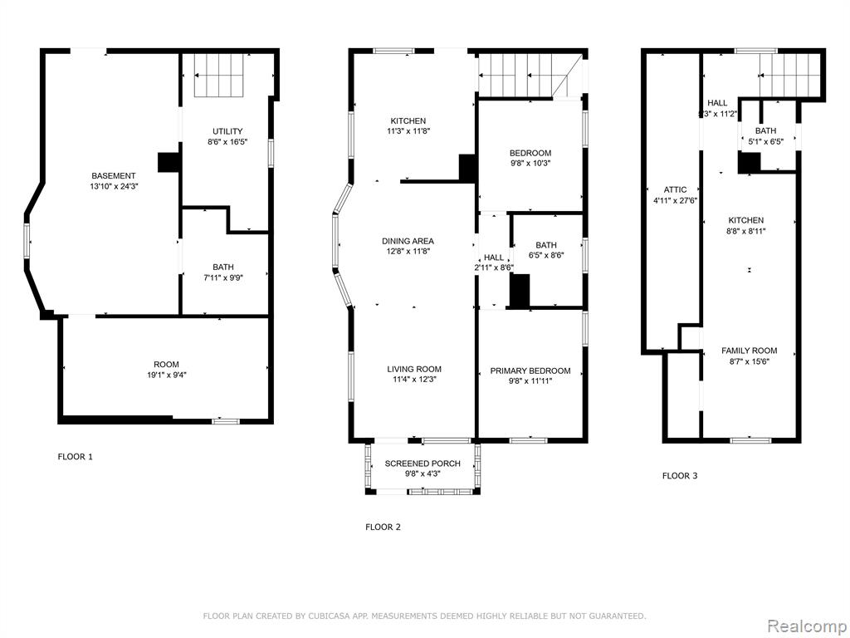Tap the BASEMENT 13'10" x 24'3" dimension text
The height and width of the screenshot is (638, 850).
[113, 180]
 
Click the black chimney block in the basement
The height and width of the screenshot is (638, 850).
[168, 162]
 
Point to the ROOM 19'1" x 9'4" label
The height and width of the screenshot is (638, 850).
[166, 370]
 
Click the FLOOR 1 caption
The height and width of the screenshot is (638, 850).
[76, 457]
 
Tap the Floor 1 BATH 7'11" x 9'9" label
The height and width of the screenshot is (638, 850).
[223, 272]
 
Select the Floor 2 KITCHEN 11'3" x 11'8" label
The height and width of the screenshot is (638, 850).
[408, 126]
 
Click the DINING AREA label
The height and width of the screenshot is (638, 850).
[408, 246]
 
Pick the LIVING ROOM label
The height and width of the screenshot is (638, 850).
[414, 375]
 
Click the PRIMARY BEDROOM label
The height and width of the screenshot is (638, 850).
[530, 375]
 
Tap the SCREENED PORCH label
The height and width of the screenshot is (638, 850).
[423, 469]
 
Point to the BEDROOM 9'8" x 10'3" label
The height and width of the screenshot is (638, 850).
[530, 158]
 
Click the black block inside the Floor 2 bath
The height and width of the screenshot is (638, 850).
[520, 291]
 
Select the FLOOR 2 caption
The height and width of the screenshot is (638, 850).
[383, 527]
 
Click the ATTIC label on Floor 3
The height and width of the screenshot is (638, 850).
[675, 194]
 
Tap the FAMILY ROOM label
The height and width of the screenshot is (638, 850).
[750, 356]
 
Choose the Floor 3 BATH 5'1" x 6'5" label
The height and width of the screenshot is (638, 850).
[765, 135]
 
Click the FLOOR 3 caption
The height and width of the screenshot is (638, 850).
[680, 476]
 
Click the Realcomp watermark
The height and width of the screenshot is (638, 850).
[805, 626]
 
